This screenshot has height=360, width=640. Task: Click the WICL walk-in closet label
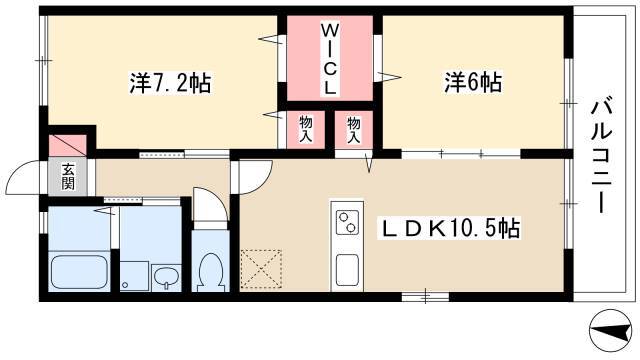click(x=329, y=59)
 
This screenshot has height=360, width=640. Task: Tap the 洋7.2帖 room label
click(x=170, y=83)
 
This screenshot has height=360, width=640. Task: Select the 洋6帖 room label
click(x=473, y=82)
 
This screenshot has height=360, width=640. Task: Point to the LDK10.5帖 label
click(x=451, y=228)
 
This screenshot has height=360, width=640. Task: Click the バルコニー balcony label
click(x=602, y=156)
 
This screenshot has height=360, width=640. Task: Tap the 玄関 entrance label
click(x=68, y=176)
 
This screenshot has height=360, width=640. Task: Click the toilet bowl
click(x=210, y=270)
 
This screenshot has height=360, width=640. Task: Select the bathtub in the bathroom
click(x=79, y=272)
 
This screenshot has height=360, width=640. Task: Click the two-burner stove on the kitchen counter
click(x=347, y=222)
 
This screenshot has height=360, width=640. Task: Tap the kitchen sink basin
click(x=347, y=270)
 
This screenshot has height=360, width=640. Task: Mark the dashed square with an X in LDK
click(x=261, y=269)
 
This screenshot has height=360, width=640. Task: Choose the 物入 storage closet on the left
click(x=306, y=129)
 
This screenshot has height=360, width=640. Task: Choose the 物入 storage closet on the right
click(x=354, y=129)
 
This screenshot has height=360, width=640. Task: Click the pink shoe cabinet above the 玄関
click(x=68, y=145)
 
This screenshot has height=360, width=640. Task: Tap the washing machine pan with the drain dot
click(x=134, y=276)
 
